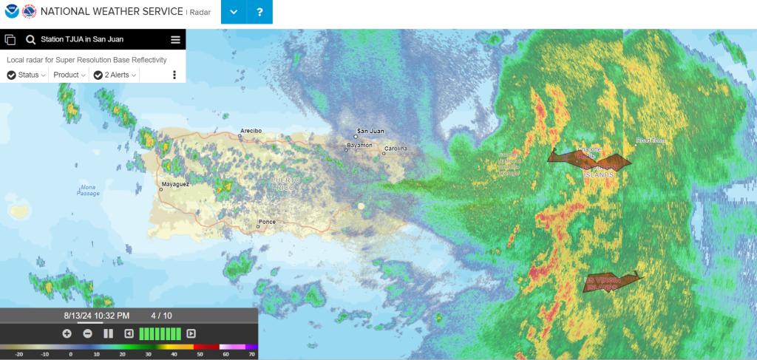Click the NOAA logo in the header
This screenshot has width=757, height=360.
pos(12,12)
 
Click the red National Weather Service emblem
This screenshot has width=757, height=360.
pos(29,12)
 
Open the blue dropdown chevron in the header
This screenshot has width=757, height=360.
pos(234,12)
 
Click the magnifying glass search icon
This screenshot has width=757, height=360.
pos(31,40)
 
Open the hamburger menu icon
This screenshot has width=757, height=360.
pos(175,40)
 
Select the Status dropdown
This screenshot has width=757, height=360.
pos(27,75)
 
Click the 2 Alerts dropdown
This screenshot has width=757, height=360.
pos(115,75)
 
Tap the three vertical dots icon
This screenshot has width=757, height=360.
pos(174,75)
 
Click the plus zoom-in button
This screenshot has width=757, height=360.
pos(67,333)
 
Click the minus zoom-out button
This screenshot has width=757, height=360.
pos(87,333)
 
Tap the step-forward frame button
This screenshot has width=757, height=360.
pos(191,333)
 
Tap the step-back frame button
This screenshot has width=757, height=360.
pos(129,333)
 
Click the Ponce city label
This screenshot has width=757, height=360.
pos(266,223)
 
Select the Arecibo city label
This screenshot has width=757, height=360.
pos(251,131)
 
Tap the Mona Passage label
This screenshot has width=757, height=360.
pos(88,190)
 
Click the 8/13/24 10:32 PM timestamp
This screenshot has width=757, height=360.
pos(97,316)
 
